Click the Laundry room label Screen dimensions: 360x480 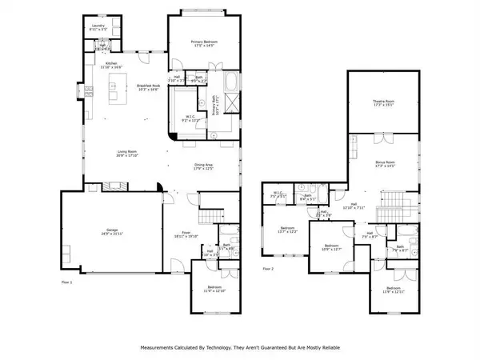click(x=99, y=27)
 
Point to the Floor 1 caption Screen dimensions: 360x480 click(x=67, y=282)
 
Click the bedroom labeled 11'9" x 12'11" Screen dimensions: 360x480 click(x=393, y=289)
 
